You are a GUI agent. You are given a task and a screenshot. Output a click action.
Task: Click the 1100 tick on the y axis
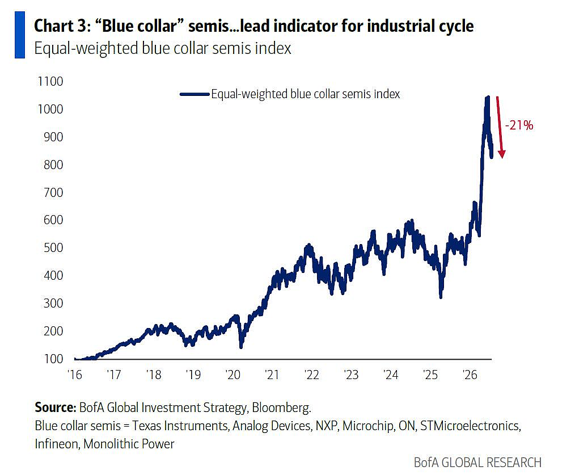[50, 81]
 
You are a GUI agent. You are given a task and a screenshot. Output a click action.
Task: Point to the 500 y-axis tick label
[53, 248]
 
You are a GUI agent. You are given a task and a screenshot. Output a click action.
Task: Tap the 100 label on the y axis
[53, 359]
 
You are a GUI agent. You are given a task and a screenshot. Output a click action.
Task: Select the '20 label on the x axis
[232, 375]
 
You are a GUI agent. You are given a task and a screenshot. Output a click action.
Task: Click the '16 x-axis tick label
[74, 375]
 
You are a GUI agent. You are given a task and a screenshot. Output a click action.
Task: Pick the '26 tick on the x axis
[470, 375]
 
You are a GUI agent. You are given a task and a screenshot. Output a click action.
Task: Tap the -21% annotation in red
[519, 125]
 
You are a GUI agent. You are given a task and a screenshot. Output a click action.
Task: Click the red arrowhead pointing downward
[502, 154]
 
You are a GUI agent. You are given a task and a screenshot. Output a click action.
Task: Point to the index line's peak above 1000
[487, 97]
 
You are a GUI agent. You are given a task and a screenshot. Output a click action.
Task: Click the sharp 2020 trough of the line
[241, 347]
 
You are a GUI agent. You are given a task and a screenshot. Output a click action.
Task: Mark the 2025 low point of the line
[441, 297]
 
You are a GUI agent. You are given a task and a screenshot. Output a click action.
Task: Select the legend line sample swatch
[195, 94]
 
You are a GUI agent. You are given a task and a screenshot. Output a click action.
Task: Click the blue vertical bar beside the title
[20, 35]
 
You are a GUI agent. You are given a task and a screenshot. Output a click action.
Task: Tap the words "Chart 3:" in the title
[62, 26]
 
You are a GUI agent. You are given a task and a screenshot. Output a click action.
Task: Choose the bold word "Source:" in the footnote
[56, 407]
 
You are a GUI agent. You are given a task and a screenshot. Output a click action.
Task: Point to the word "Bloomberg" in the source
[281, 407]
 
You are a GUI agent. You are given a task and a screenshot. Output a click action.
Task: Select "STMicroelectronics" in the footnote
[470, 426]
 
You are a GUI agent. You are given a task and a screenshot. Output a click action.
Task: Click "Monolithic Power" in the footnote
[129, 444]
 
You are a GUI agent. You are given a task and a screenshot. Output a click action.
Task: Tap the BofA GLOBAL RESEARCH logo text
[477, 463]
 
